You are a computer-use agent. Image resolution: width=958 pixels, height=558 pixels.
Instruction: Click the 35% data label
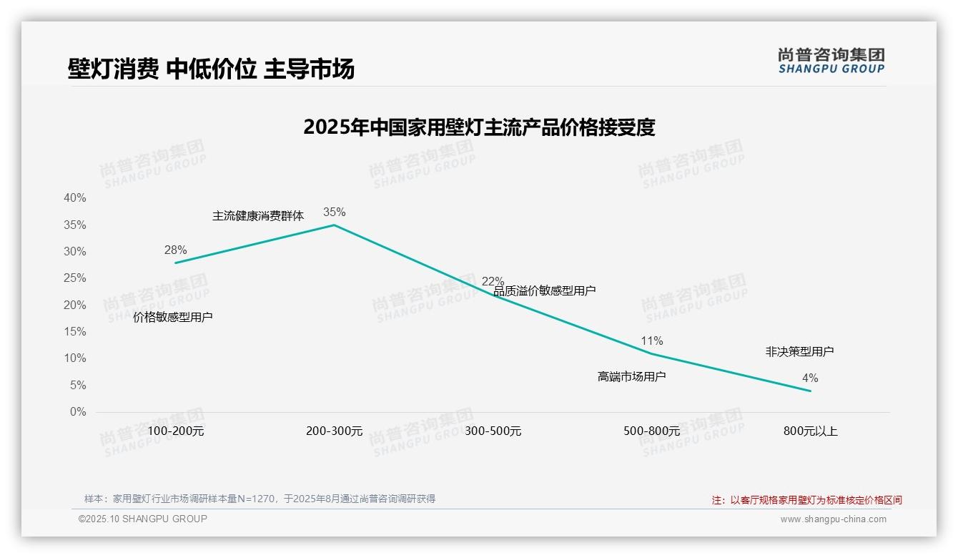(334, 212)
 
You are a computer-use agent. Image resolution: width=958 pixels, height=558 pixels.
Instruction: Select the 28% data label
(175, 250)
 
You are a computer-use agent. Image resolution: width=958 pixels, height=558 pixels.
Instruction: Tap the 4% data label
(810, 378)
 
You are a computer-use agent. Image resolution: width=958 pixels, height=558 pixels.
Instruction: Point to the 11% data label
(652, 341)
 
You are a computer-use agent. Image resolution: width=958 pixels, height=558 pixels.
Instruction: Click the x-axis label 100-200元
(176, 431)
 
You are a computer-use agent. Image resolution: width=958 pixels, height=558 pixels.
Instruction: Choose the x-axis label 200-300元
(335, 431)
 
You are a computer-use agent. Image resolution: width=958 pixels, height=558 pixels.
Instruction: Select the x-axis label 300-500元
(493, 431)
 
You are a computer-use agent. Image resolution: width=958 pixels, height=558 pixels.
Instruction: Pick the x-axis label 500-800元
(651, 431)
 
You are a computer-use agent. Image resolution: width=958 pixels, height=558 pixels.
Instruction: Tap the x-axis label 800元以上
(810, 431)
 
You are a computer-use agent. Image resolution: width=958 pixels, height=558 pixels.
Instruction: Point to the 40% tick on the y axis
(75, 198)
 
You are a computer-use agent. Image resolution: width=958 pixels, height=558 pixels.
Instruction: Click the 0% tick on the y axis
(78, 412)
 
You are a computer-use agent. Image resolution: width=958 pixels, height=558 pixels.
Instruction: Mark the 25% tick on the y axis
(75, 278)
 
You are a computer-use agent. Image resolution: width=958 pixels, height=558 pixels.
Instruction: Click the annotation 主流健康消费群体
(258, 215)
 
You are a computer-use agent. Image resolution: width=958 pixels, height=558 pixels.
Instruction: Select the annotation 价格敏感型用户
(173, 317)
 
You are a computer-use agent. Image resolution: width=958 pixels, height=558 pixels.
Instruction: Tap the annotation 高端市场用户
(632, 376)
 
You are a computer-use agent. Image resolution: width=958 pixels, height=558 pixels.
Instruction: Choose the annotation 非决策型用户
(799, 351)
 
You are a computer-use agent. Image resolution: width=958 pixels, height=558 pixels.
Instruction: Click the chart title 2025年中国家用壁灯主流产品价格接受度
(479, 127)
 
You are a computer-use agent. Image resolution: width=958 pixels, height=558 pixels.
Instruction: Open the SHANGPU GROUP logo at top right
(831, 61)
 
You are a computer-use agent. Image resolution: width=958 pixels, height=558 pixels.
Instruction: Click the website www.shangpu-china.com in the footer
(833, 519)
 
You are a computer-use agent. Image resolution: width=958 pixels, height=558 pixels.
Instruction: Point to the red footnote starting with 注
(806, 500)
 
